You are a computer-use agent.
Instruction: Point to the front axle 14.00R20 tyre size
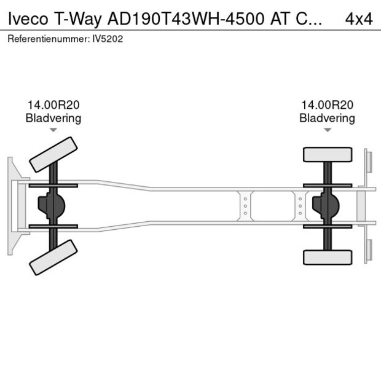[53, 106]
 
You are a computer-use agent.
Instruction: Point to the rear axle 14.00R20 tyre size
[327, 106]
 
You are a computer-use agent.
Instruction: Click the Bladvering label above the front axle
[53, 118]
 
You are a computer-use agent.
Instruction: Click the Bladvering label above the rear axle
[327, 118]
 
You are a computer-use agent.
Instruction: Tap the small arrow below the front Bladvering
[53, 130]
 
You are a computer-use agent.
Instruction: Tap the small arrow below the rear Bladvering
[328, 130]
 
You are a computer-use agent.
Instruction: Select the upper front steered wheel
[53, 154]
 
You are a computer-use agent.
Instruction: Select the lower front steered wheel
[53, 257]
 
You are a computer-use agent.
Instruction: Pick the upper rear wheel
[327, 154]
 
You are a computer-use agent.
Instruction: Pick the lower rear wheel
[327, 257]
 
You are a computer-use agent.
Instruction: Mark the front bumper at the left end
[12, 205]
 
